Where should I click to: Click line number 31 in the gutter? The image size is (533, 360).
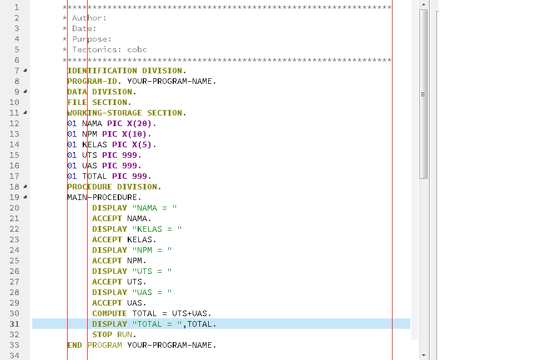click(x=14, y=324)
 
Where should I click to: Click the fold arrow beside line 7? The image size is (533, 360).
click(x=26, y=71)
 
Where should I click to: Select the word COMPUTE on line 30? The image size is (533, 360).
click(x=109, y=313)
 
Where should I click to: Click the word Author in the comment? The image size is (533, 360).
click(x=89, y=18)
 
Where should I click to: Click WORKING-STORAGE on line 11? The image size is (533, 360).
click(x=104, y=113)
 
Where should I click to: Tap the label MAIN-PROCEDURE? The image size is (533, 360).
click(x=104, y=197)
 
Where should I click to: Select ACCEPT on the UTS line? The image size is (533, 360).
click(x=107, y=282)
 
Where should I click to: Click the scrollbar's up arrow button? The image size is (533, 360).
click(x=423, y=4)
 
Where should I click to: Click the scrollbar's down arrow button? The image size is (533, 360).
click(x=423, y=354)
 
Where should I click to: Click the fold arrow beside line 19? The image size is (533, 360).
click(x=26, y=197)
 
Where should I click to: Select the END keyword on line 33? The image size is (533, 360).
click(x=74, y=345)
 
